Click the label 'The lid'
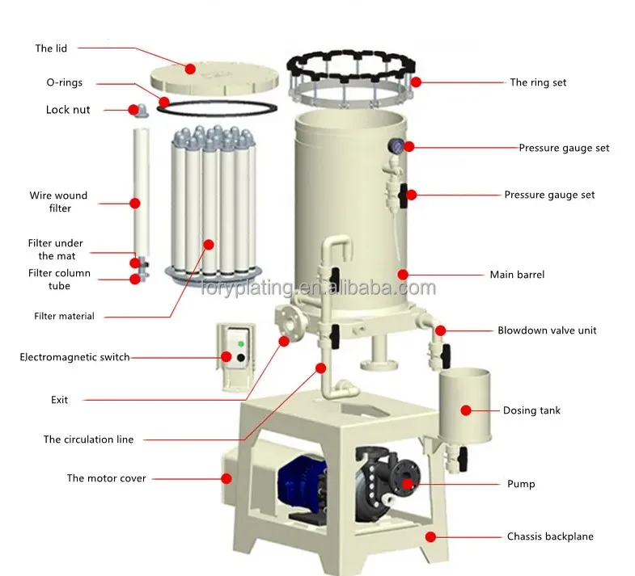click(x=50, y=48)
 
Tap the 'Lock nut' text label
click(x=68, y=110)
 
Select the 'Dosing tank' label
click(x=531, y=410)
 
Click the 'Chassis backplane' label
click(x=550, y=536)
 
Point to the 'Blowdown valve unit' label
click(x=547, y=330)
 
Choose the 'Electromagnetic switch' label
click(x=74, y=357)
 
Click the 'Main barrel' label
click(x=517, y=275)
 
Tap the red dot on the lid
click(x=190, y=69)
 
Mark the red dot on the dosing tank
click(x=466, y=410)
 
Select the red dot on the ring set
click(x=416, y=82)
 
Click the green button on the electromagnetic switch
click(x=239, y=343)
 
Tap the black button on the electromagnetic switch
click(x=239, y=357)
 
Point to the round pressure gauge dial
click(x=397, y=145)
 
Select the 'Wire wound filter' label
click(x=58, y=202)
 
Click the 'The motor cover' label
click(x=106, y=478)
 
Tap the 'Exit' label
click(x=60, y=400)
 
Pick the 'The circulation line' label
click(x=88, y=439)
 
